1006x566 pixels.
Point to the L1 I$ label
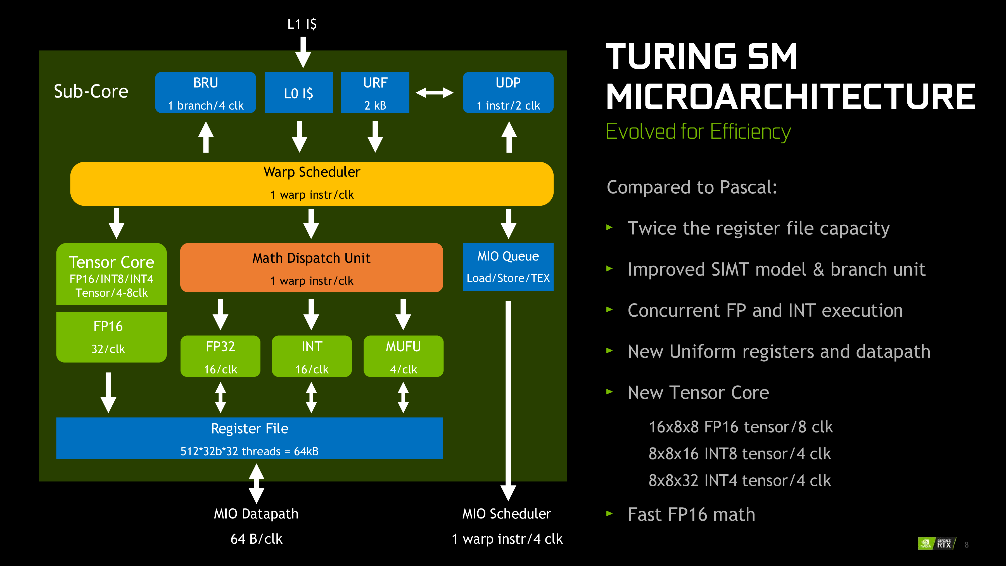tap(302, 24)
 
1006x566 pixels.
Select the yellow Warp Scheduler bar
tap(312, 184)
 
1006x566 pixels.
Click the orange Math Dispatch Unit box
tap(311, 268)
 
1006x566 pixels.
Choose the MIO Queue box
tap(508, 267)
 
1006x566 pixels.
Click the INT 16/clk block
tap(312, 356)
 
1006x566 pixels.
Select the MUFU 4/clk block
tap(404, 356)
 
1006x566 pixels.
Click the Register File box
tap(250, 438)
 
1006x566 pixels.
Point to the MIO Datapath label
tap(256, 514)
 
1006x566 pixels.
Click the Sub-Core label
tap(91, 91)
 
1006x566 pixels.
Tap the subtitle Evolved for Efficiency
tap(698, 131)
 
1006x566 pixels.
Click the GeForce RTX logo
tap(936, 543)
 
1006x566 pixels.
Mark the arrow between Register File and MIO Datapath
tap(256, 484)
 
